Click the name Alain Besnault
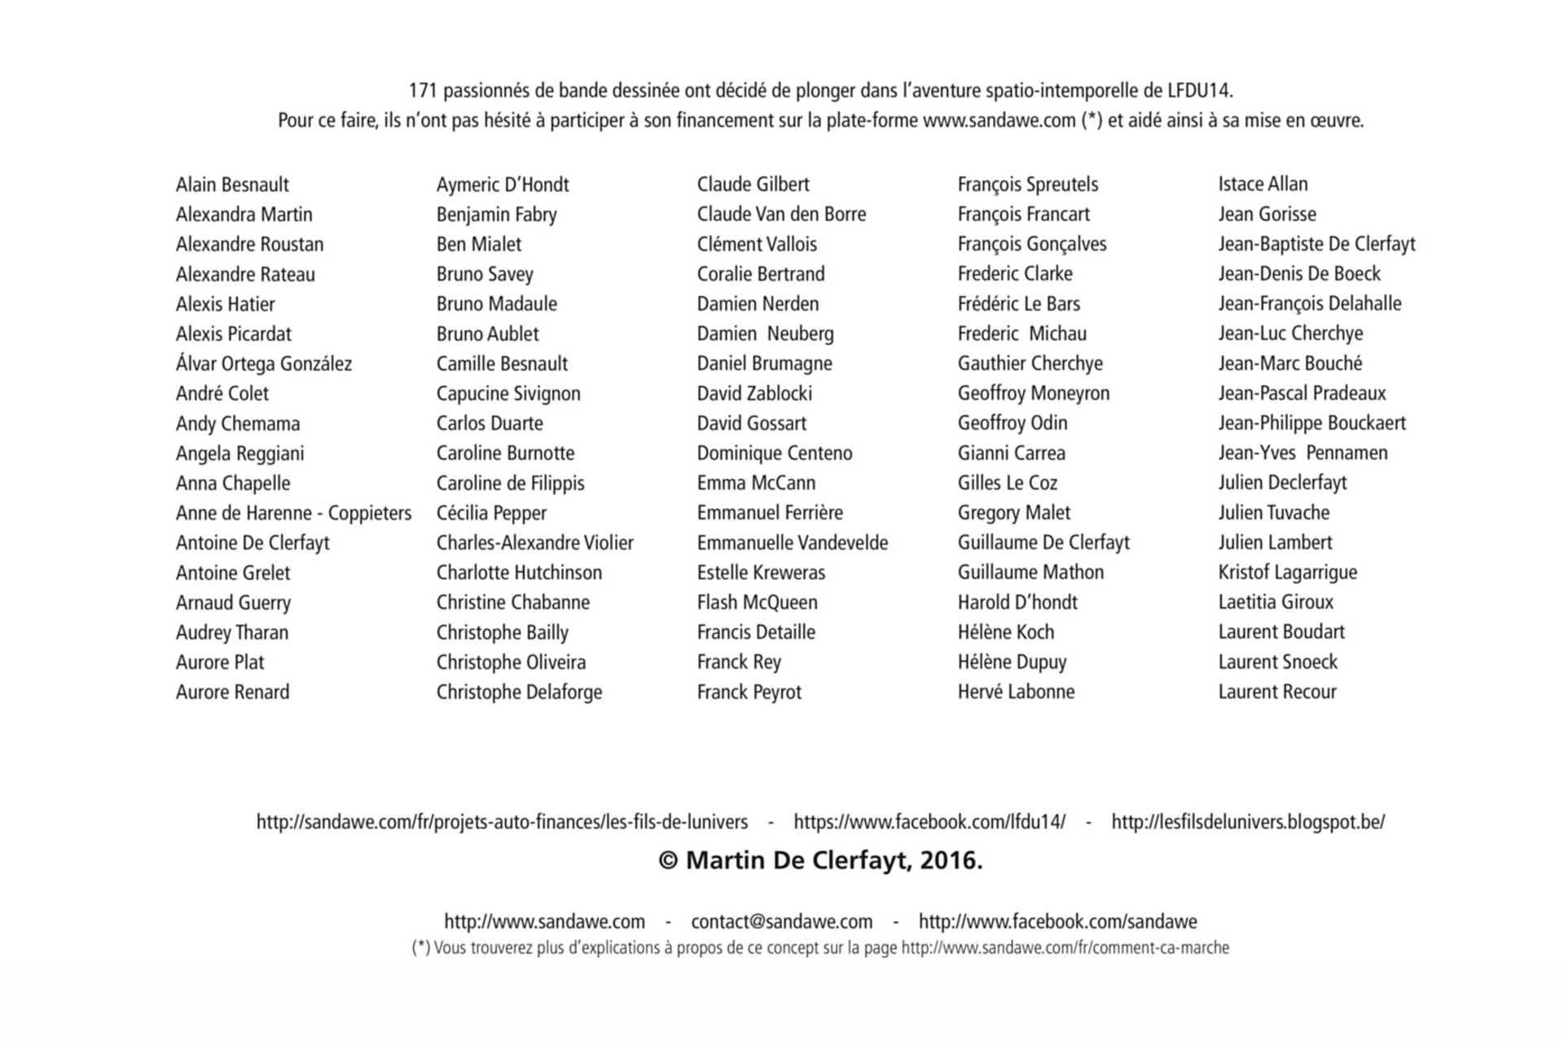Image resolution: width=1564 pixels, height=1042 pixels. coord(232,185)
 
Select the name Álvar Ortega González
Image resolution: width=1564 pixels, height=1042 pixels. coord(264,364)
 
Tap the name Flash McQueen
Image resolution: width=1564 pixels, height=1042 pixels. coord(757,603)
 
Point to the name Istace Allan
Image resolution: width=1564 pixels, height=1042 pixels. coord(1263,184)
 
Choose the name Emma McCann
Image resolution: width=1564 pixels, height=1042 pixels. coord(756,483)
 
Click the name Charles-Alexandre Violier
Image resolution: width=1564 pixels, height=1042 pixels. coord(534,543)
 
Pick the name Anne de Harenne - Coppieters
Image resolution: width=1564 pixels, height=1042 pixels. coord(293,513)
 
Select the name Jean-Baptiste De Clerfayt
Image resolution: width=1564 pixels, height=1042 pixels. coord(1316,244)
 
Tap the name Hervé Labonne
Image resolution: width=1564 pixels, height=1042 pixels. coord(1016,692)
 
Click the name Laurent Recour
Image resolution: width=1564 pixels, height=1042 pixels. coord(1277,692)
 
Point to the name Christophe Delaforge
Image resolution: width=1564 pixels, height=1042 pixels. coord(519,692)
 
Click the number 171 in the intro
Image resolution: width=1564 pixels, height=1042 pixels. coord(423,90)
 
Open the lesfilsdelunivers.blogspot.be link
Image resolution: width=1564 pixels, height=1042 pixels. coord(1248,822)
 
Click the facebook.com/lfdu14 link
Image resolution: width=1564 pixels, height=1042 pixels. coord(929,822)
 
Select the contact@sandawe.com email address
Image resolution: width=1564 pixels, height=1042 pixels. coord(781,922)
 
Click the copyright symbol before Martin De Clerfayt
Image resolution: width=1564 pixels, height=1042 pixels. coord(668,861)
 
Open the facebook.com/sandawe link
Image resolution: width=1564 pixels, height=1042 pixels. coord(1057,922)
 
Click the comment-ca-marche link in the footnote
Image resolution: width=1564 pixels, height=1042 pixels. coord(1065,948)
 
